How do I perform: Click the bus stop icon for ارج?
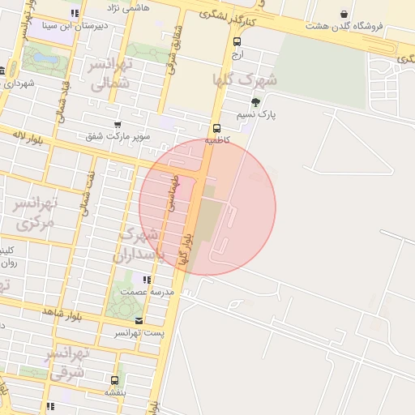(237, 41)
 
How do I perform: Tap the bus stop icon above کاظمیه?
(216, 128)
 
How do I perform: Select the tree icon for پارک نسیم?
(256, 102)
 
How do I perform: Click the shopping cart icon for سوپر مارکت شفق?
(118, 125)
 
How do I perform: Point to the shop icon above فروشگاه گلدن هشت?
(344, 14)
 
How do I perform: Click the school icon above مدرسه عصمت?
(147, 280)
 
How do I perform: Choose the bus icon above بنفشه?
(113, 379)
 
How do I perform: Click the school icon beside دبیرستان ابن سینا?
(75, 13)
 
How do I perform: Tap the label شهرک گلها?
(243, 79)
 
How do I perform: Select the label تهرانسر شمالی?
(108, 74)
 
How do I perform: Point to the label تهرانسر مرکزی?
(36, 212)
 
